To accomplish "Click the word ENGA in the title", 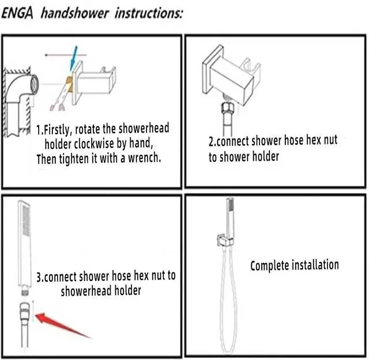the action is (x=17, y=13).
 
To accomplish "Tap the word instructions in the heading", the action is (x=149, y=13).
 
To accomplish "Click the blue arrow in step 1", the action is (x=73, y=58).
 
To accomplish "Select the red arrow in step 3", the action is (x=63, y=325).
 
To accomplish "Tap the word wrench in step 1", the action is (x=144, y=158).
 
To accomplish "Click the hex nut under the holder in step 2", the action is (x=228, y=109).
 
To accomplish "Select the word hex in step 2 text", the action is (x=313, y=141).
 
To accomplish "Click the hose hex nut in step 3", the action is (x=25, y=310).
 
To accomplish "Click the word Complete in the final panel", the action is (x=269, y=266).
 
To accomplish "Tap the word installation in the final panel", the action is (x=315, y=265).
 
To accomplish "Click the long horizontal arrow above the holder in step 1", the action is (x=66, y=55).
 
